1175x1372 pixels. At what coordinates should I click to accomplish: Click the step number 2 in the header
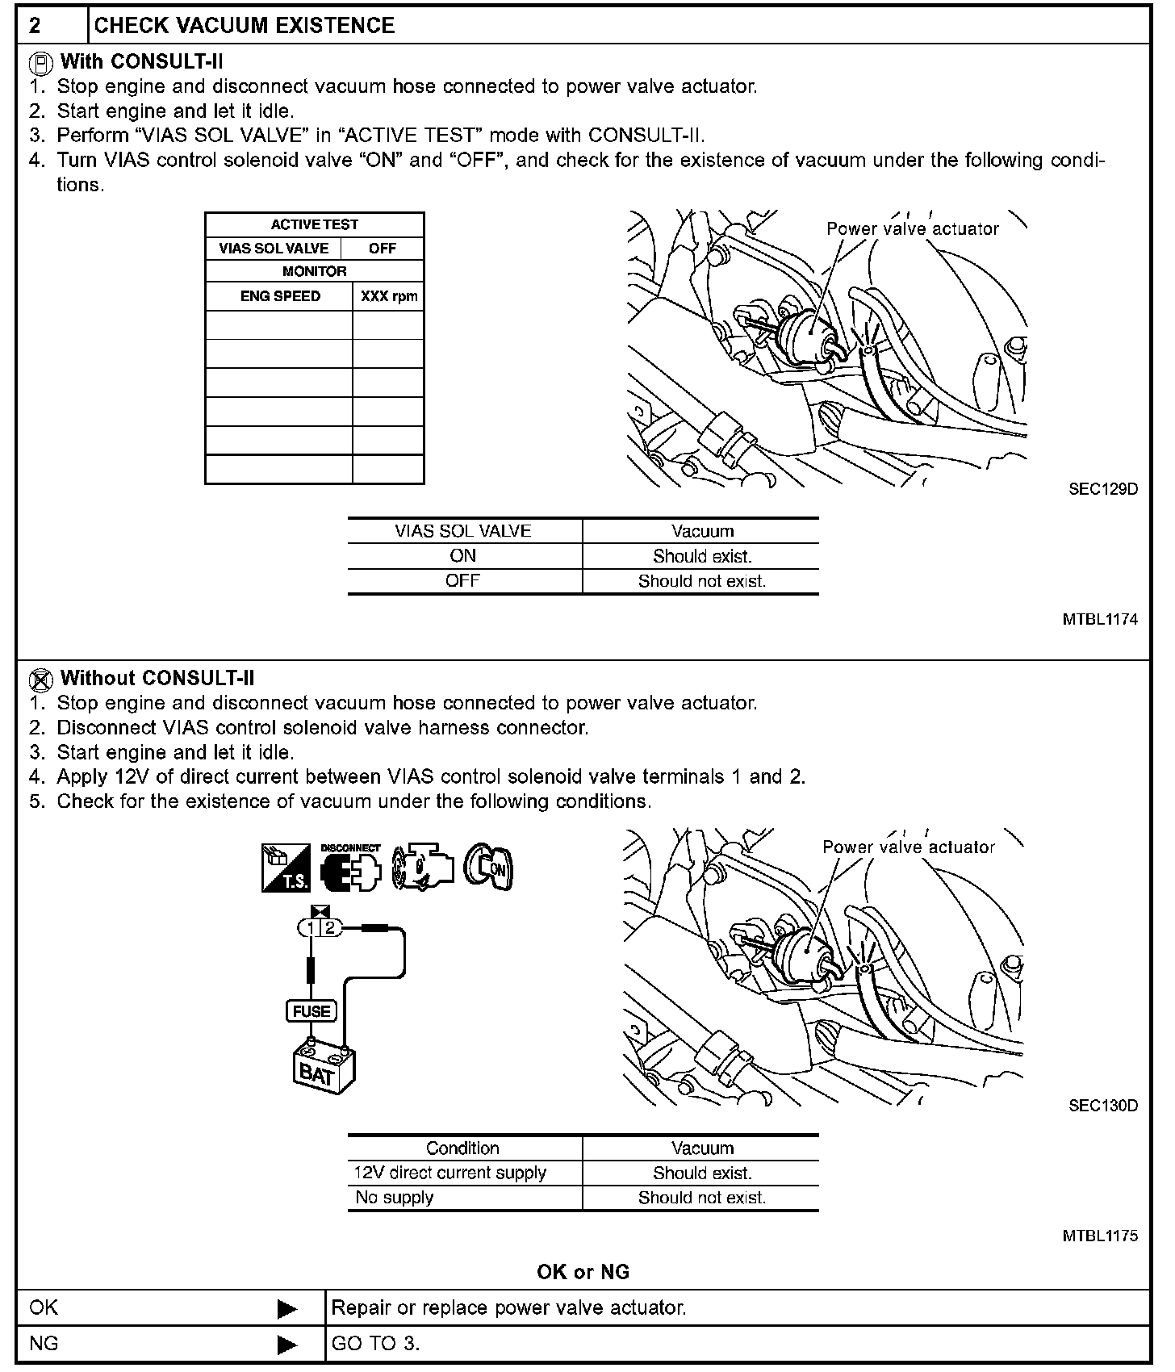tap(36, 26)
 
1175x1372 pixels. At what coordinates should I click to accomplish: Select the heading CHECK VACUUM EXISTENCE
tap(245, 26)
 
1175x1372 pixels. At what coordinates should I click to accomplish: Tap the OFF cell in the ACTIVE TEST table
tap(382, 249)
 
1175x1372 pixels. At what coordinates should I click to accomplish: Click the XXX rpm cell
tap(389, 296)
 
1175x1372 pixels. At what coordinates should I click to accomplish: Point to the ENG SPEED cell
tap(280, 296)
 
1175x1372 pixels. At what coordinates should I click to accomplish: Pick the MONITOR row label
tap(314, 272)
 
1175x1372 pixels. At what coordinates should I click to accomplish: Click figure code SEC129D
tap(1102, 489)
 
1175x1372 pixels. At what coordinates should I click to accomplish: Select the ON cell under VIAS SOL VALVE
tap(463, 556)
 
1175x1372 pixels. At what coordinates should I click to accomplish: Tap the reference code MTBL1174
tap(1099, 620)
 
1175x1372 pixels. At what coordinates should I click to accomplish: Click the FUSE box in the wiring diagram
tap(312, 1011)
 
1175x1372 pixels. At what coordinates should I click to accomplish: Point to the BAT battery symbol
tap(323, 1069)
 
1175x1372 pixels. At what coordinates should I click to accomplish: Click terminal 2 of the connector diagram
tap(329, 928)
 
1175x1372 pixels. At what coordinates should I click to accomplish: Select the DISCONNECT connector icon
tap(350, 869)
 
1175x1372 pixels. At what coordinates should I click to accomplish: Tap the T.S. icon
tap(286, 868)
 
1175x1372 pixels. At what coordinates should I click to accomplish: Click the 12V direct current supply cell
tap(450, 1173)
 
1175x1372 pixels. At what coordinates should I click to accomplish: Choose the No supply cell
tap(395, 1198)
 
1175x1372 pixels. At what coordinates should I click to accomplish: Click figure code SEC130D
tap(1102, 1106)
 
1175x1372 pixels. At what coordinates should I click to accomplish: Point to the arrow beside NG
tap(286, 1345)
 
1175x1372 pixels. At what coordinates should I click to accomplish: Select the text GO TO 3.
tap(375, 1345)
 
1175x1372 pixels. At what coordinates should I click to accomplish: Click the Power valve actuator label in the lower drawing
tap(908, 847)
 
